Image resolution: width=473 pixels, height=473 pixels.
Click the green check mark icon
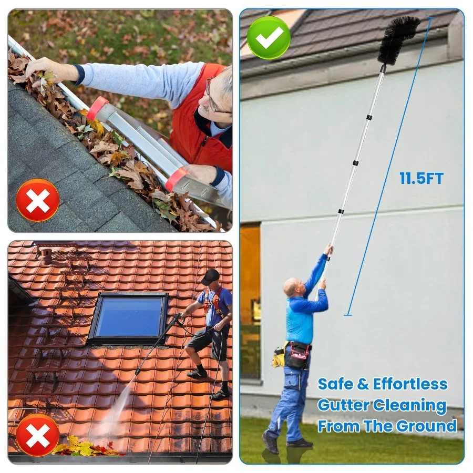point(269,38)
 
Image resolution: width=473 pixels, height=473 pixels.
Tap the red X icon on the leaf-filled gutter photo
point(38,200)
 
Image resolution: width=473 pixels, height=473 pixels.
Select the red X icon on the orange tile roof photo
point(38,435)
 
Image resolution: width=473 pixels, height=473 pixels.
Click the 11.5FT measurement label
point(421,178)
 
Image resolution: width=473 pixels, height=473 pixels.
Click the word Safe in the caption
point(335,384)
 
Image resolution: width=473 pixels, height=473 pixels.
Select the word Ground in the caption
point(426,426)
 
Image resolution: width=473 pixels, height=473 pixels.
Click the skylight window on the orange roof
point(129,318)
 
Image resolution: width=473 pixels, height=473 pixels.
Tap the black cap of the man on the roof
point(210,276)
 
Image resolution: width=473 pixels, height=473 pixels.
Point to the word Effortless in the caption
point(410,384)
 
